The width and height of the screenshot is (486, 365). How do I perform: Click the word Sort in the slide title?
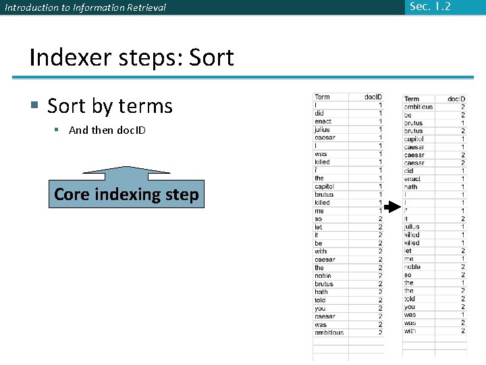[211, 57]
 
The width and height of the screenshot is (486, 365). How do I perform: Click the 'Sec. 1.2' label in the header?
[429, 7]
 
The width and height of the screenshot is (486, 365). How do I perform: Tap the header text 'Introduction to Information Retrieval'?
[85, 8]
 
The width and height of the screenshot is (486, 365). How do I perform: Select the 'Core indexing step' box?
[126, 195]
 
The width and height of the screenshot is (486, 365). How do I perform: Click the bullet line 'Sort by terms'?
[109, 106]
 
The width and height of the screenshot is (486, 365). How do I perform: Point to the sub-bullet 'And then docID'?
[107, 130]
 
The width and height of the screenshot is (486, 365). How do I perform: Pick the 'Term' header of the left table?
[323, 97]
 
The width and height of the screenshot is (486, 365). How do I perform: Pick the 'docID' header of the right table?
[456, 99]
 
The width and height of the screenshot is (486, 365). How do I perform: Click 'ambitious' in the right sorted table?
[418, 107]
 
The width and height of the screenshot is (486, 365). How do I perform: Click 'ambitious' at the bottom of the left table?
[329, 333]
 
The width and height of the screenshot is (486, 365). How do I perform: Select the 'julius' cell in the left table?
[322, 130]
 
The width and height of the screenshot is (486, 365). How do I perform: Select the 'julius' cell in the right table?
[412, 227]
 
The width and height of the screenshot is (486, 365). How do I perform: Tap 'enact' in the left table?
[323, 122]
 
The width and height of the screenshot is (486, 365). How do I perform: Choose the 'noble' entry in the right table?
[412, 267]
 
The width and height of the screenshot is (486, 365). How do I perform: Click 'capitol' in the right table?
[414, 139]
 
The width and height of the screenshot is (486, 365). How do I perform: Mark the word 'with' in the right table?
[410, 331]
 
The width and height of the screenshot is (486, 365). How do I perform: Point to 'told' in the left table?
[320, 300]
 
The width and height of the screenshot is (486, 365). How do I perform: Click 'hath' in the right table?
[411, 187]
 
